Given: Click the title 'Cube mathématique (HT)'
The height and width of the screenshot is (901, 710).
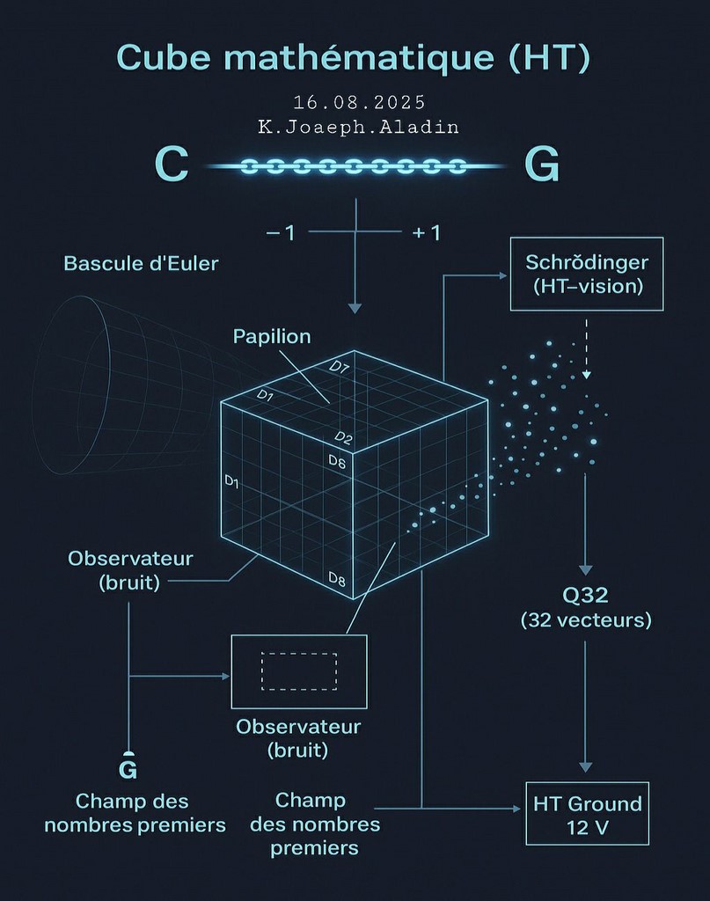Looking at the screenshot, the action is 354,57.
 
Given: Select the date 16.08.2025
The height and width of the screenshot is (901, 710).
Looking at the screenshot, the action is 360,102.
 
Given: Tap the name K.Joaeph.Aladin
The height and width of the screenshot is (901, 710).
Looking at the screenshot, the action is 358,127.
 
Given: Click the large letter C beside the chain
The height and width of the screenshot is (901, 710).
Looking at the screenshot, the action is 172,165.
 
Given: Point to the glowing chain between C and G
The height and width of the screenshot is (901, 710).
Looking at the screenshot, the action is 355,166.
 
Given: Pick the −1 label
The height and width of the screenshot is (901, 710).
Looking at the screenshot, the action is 281,232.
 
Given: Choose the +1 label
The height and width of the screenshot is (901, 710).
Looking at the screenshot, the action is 426,232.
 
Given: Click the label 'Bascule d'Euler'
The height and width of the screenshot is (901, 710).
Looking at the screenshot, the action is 142,263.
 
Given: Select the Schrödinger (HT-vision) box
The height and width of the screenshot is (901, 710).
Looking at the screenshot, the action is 587,275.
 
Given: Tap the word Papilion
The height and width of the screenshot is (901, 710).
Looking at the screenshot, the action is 272,336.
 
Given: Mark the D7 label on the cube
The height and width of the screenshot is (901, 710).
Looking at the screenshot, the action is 339,367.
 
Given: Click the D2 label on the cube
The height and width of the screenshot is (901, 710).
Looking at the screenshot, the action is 343,438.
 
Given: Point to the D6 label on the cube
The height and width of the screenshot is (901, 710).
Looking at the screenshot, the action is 337,461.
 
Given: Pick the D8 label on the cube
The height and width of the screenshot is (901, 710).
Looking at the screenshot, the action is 337,579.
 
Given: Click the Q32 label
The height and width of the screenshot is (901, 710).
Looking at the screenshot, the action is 585,595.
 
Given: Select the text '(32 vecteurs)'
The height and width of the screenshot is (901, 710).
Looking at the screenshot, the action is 586,620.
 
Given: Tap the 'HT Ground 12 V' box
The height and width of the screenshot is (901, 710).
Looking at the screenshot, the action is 587,814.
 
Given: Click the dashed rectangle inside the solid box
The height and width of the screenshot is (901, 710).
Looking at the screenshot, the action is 299,653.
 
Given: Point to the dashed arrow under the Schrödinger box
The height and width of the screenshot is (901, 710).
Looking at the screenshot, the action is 586,348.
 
